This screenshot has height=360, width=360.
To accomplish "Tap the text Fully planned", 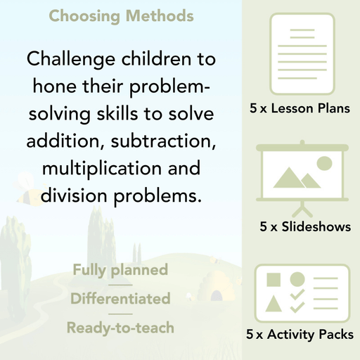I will (x=120, y=270).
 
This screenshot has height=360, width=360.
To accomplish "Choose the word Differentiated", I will (x=120, y=299).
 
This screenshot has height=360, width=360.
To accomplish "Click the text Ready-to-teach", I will (x=120, y=328).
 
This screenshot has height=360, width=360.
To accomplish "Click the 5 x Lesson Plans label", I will (x=300, y=109).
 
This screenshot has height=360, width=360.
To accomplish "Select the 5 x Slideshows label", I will (x=304, y=226).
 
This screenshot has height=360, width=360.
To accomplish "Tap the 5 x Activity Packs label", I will (x=300, y=335).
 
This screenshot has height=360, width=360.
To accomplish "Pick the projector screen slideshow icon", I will (x=300, y=176).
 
